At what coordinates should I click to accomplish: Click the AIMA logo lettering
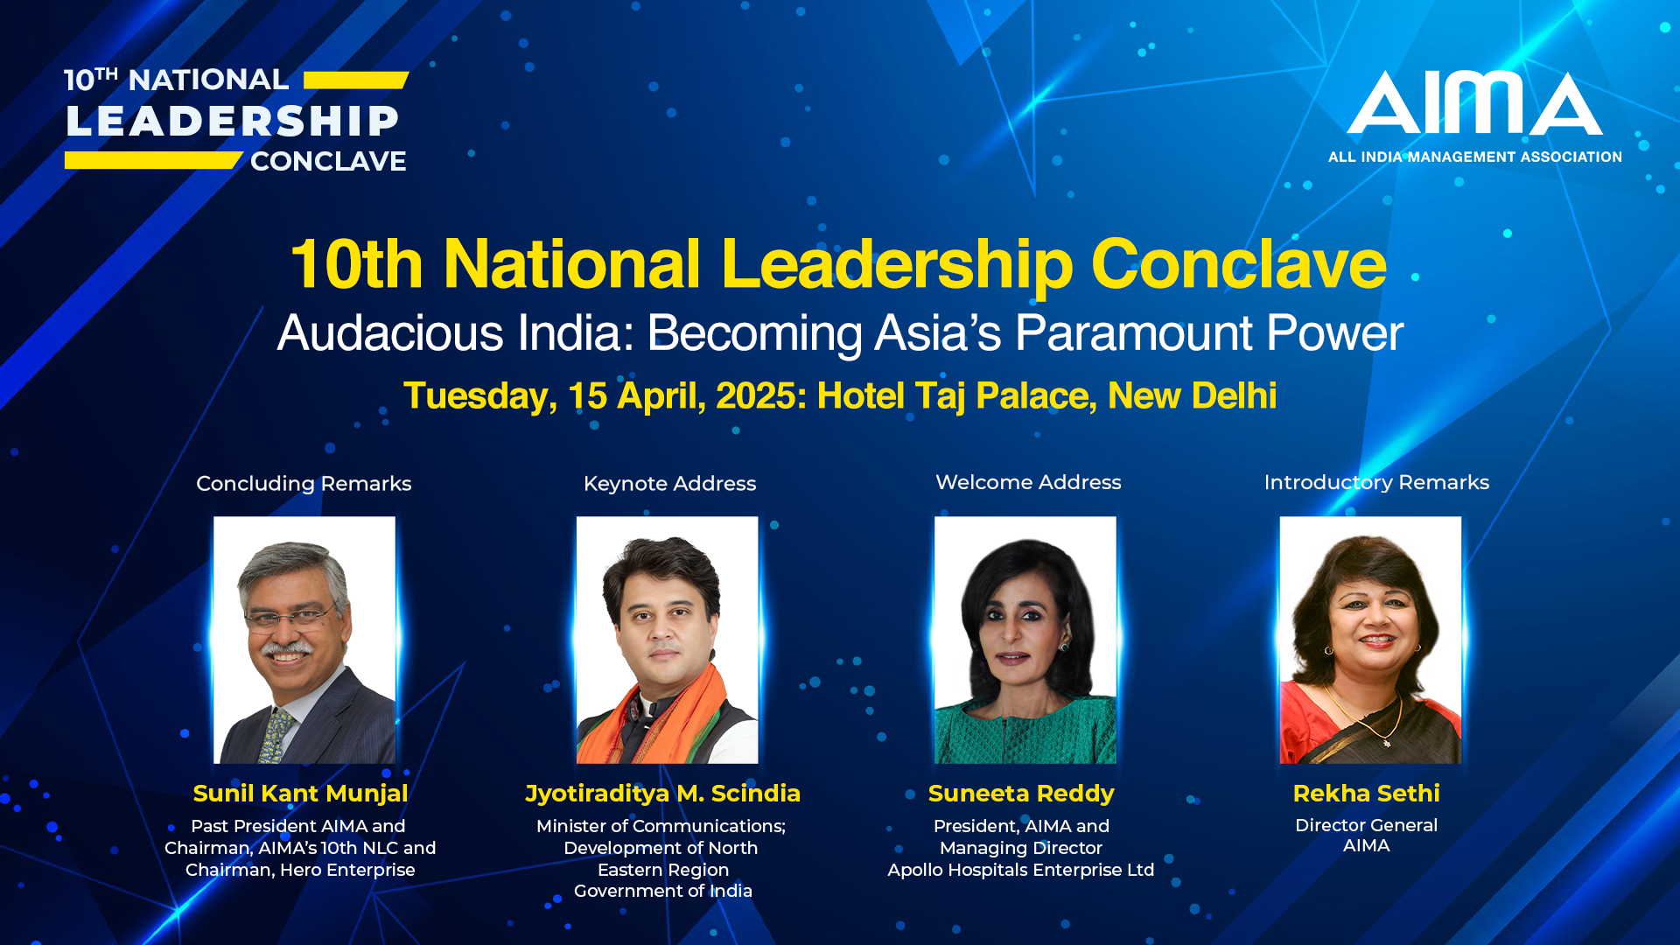click(1475, 102)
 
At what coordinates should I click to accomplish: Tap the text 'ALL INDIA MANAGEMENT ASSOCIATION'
click(1475, 157)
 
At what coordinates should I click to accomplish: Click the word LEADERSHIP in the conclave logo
click(233, 121)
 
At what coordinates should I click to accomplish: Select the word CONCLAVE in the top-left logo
click(328, 161)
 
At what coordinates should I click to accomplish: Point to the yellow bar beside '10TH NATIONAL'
click(356, 80)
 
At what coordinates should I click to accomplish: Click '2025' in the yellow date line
click(757, 396)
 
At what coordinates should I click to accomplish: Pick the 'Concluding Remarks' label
click(304, 484)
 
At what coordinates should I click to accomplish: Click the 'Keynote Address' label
click(669, 484)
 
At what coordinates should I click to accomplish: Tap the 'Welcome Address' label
click(1028, 482)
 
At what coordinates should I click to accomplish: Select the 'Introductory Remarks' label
click(1376, 483)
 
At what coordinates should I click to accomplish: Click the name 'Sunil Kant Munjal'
click(300, 794)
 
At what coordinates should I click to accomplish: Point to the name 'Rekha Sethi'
click(1366, 794)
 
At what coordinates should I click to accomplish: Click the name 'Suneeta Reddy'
click(1021, 794)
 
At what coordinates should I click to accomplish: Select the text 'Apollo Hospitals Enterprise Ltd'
click(1021, 870)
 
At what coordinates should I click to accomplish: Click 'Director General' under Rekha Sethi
click(1366, 825)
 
